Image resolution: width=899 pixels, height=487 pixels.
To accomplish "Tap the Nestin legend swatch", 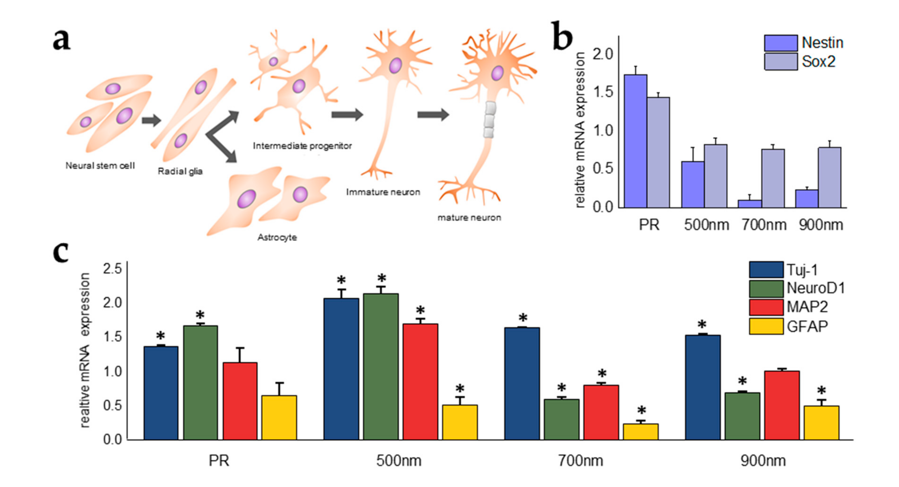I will pyautogui.click(x=780, y=43).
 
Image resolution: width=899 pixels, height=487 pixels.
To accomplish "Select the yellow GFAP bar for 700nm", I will pyautogui.click(x=640, y=431).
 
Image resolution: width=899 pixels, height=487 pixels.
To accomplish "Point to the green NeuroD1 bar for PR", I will pyautogui.click(x=200, y=383).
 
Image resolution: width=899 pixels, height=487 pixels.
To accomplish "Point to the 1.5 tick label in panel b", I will pyautogui.click(x=603, y=92).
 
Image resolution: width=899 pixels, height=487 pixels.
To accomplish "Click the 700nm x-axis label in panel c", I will pyautogui.click(x=580, y=461).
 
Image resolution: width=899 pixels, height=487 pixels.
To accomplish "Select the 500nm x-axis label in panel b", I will pyautogui.click(x=706, y=225).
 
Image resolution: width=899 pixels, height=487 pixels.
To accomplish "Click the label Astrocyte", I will pyautogui.click(x=277, y=237).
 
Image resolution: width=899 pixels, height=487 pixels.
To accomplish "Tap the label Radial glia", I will pyautogui.click(x=180, y=171).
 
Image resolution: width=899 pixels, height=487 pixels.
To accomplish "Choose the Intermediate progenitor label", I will pyautogui.click(x=302, y=146).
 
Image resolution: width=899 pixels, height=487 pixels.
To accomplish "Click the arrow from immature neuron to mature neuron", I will pyautogui.click(x=433, y=114).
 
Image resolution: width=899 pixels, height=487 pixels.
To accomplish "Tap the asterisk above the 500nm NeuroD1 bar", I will pyautogui.click(x=381, y=278).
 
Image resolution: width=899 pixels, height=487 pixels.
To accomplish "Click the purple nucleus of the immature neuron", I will pyautogui.click(x=395, y=66).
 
